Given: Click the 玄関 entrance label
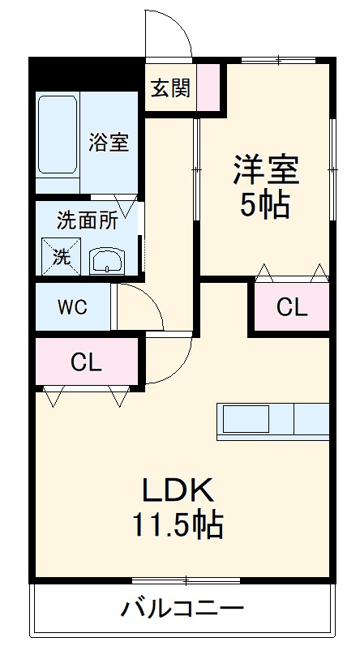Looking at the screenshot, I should [x=169, y=88].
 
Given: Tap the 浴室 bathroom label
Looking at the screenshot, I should [x=109, y=143].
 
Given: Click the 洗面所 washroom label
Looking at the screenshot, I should [x=88, y=220].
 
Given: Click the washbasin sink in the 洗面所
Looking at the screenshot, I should [x=105, y=261].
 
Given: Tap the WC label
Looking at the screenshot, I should [x=71, y=308].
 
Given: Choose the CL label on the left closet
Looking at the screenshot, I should [x=86, y=362].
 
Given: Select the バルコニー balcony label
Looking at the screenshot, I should [x=182, y=608].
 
